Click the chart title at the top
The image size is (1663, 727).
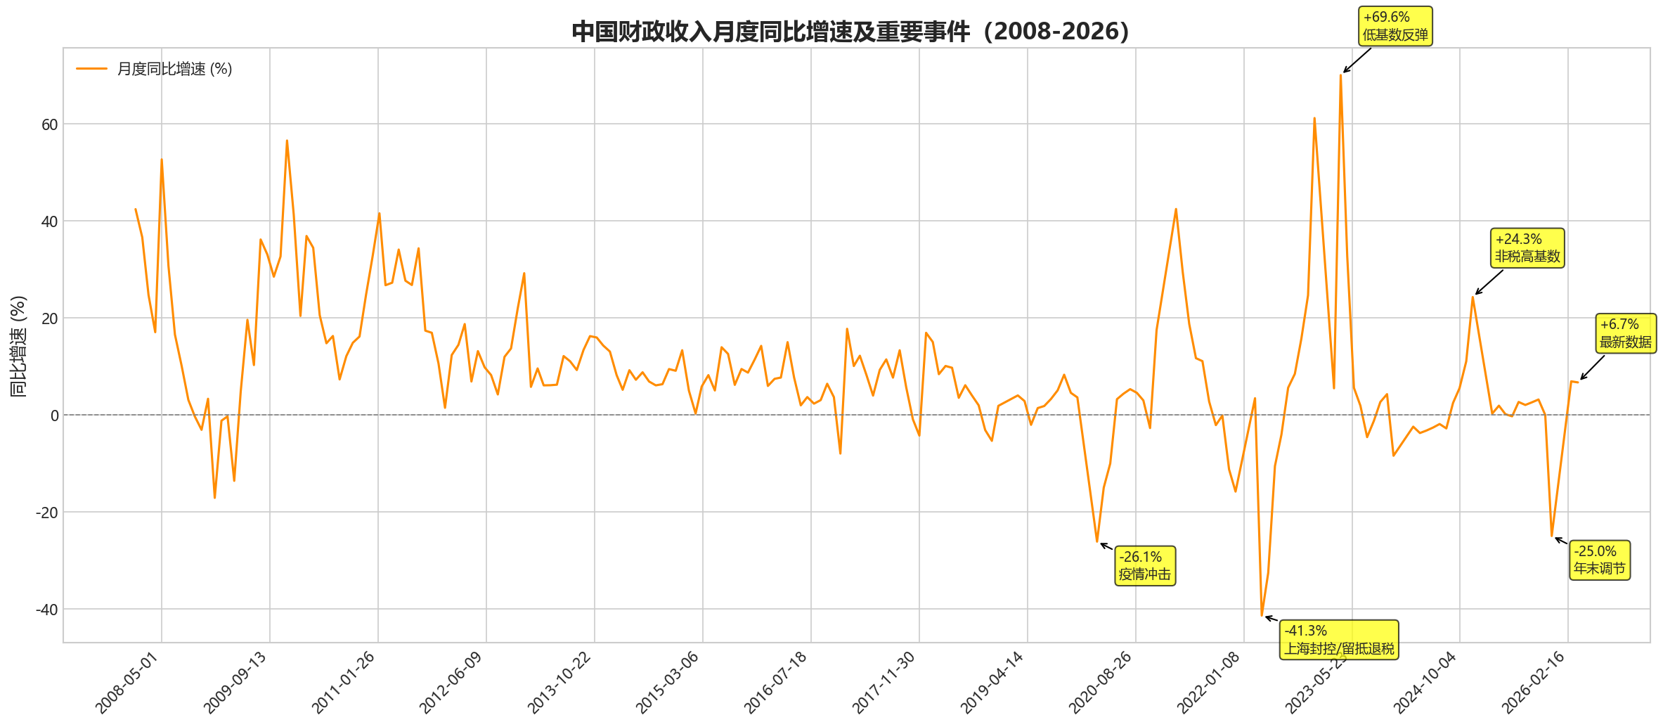(x=850, y=32)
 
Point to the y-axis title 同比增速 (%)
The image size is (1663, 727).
(x=19, y=346)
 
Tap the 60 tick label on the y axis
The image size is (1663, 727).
(x=49, y=124)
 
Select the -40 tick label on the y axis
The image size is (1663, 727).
(x=47, y=610)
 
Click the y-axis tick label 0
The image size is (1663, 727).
(x=54, y=416)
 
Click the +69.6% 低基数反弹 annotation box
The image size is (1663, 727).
(x=1395, y=26)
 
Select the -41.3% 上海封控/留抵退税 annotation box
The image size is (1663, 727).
(x=1339, y=640)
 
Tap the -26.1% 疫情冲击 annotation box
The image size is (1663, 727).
(x=1145, y=566)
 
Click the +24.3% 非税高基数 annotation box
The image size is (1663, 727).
(x=1527, y=248)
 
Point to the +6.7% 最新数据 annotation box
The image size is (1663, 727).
(x=1626, y=333)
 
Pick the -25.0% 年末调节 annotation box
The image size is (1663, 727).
(x=1600, y=560)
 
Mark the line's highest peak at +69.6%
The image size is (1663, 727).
(x=1340, y=75)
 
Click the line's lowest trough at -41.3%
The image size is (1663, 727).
(x=1262, y=615)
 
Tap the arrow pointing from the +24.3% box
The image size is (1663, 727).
(x=1489, y=282)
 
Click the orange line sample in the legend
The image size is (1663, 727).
(x=91, y=69)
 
